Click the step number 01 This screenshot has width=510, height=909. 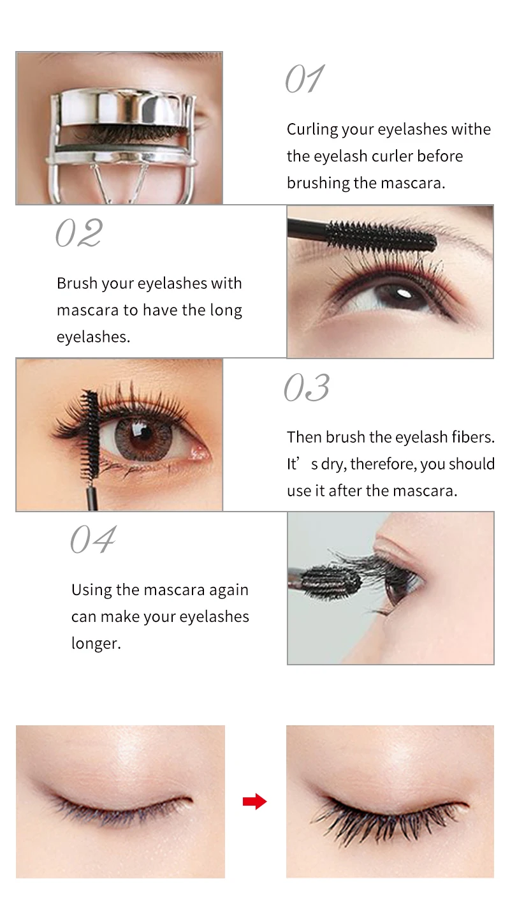305,78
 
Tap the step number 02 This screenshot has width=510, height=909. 79,233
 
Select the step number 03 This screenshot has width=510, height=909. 307,387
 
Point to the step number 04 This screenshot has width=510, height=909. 93,539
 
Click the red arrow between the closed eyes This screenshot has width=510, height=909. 254,801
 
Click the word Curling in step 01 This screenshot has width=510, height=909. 312,129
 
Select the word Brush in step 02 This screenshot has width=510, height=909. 77,283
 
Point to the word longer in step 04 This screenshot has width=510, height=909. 96,644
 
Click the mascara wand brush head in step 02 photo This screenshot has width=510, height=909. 381,235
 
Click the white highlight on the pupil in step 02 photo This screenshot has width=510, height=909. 404,292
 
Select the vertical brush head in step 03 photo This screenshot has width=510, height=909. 90,434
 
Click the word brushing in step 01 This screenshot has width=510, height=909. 318,184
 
